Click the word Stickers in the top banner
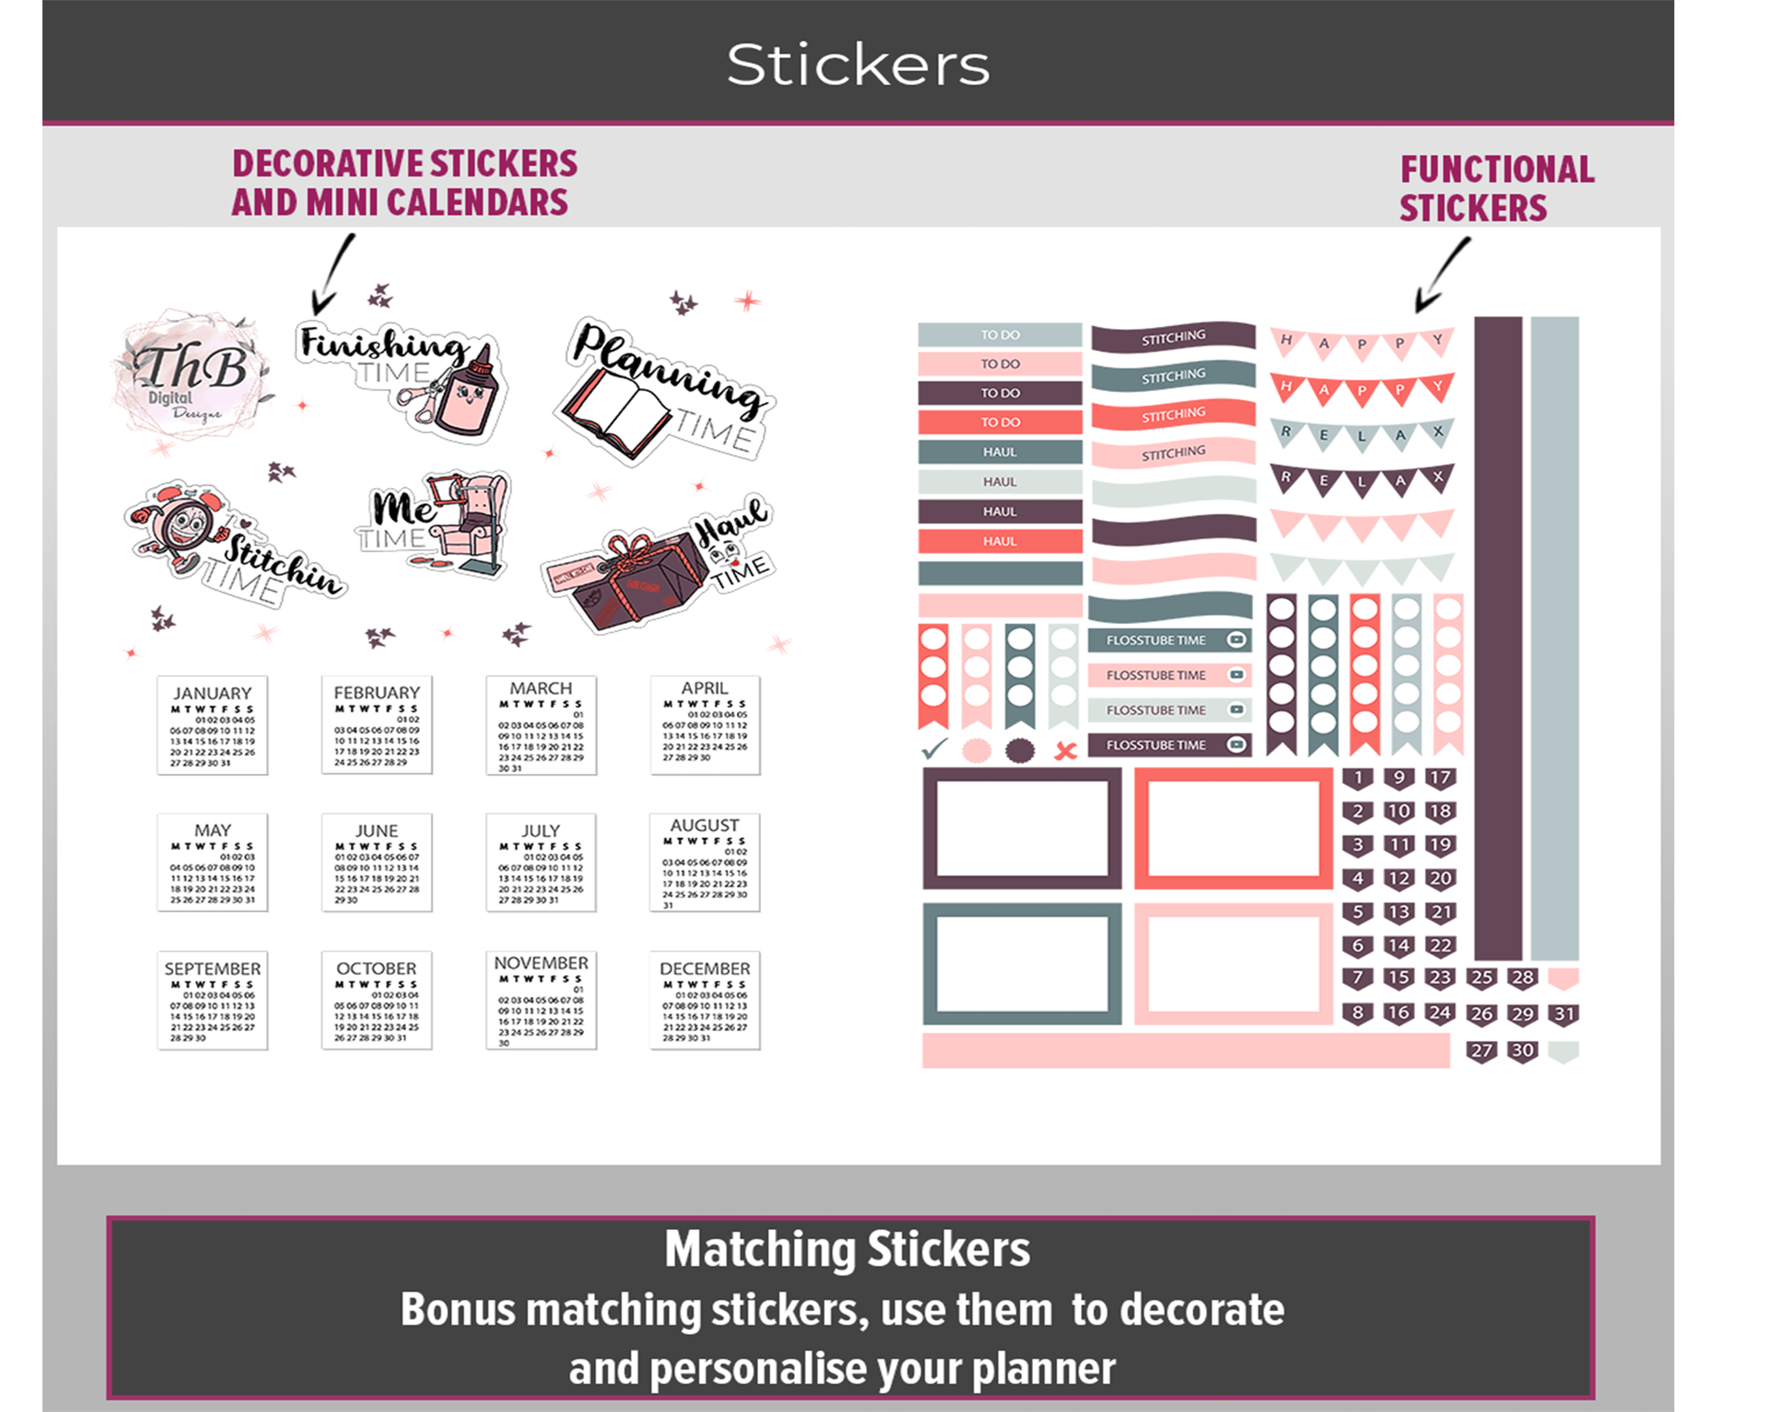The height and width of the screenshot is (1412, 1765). click(x=857, y=65)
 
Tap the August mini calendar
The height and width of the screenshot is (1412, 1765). click(x=704, y=862)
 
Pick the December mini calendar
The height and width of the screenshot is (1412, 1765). click(x=704, y=1000)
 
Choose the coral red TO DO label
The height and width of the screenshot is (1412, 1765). click(x=1000, y=422)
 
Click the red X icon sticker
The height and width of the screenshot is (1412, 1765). click(x=1065, y=750)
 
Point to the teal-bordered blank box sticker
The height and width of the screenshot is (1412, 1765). click(x=1022, y=964)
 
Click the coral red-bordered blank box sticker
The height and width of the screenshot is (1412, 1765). click(x=1233, y=828)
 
